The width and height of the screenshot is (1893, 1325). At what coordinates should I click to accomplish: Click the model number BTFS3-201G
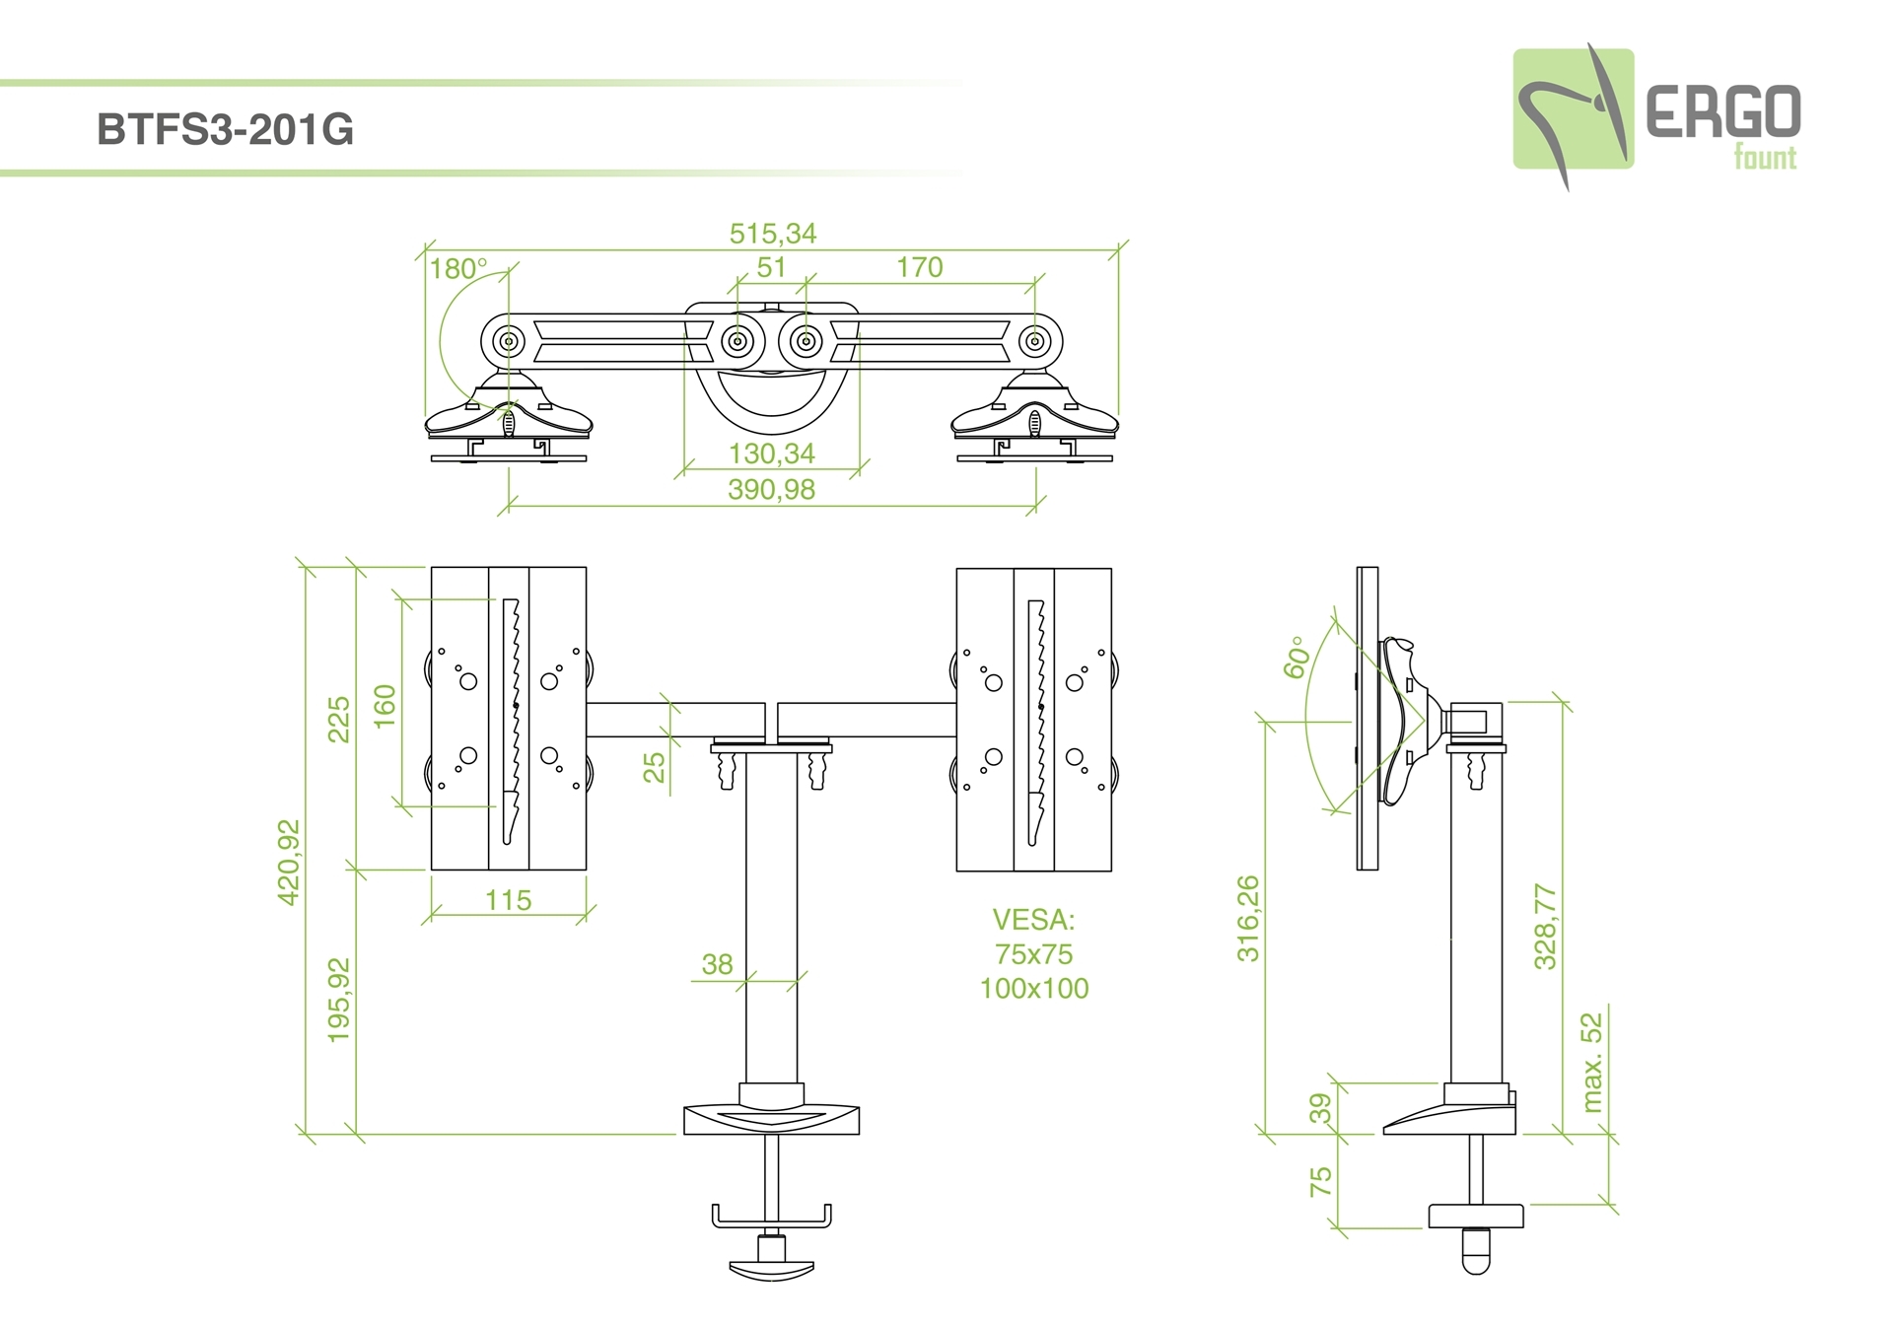(225, 130)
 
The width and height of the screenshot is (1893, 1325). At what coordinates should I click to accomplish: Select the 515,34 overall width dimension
(773, 234)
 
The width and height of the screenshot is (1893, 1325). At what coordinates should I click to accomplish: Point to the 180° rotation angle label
(458, 268)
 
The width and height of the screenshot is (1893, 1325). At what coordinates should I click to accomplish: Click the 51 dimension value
(771, 267)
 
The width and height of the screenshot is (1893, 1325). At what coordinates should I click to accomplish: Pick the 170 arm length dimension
(919, 267)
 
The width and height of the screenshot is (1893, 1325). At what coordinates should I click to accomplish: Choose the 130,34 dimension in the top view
(772, 453)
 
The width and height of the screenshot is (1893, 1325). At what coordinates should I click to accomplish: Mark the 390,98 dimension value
(772, 489)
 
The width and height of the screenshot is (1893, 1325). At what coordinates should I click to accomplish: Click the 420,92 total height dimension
(289, 862)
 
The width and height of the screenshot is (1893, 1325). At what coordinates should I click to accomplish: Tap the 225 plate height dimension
(339, 719)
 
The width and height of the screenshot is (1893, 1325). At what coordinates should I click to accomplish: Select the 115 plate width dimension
(508, 900)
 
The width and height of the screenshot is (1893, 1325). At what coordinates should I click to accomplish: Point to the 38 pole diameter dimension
(717, 964)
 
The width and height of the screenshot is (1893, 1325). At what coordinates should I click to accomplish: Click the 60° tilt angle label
(1296, 658)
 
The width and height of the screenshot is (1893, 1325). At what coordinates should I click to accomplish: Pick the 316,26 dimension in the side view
(1248, 918)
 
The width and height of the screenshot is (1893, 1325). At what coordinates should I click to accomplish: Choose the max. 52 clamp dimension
(1591, 1063)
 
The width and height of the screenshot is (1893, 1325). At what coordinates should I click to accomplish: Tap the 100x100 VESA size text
(1033, 988)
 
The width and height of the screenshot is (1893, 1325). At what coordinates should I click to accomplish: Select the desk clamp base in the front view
(771, 1119)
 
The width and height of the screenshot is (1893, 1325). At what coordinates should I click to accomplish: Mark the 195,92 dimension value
(339, 1000)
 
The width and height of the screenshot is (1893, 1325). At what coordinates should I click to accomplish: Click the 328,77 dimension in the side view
(1545, 927)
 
